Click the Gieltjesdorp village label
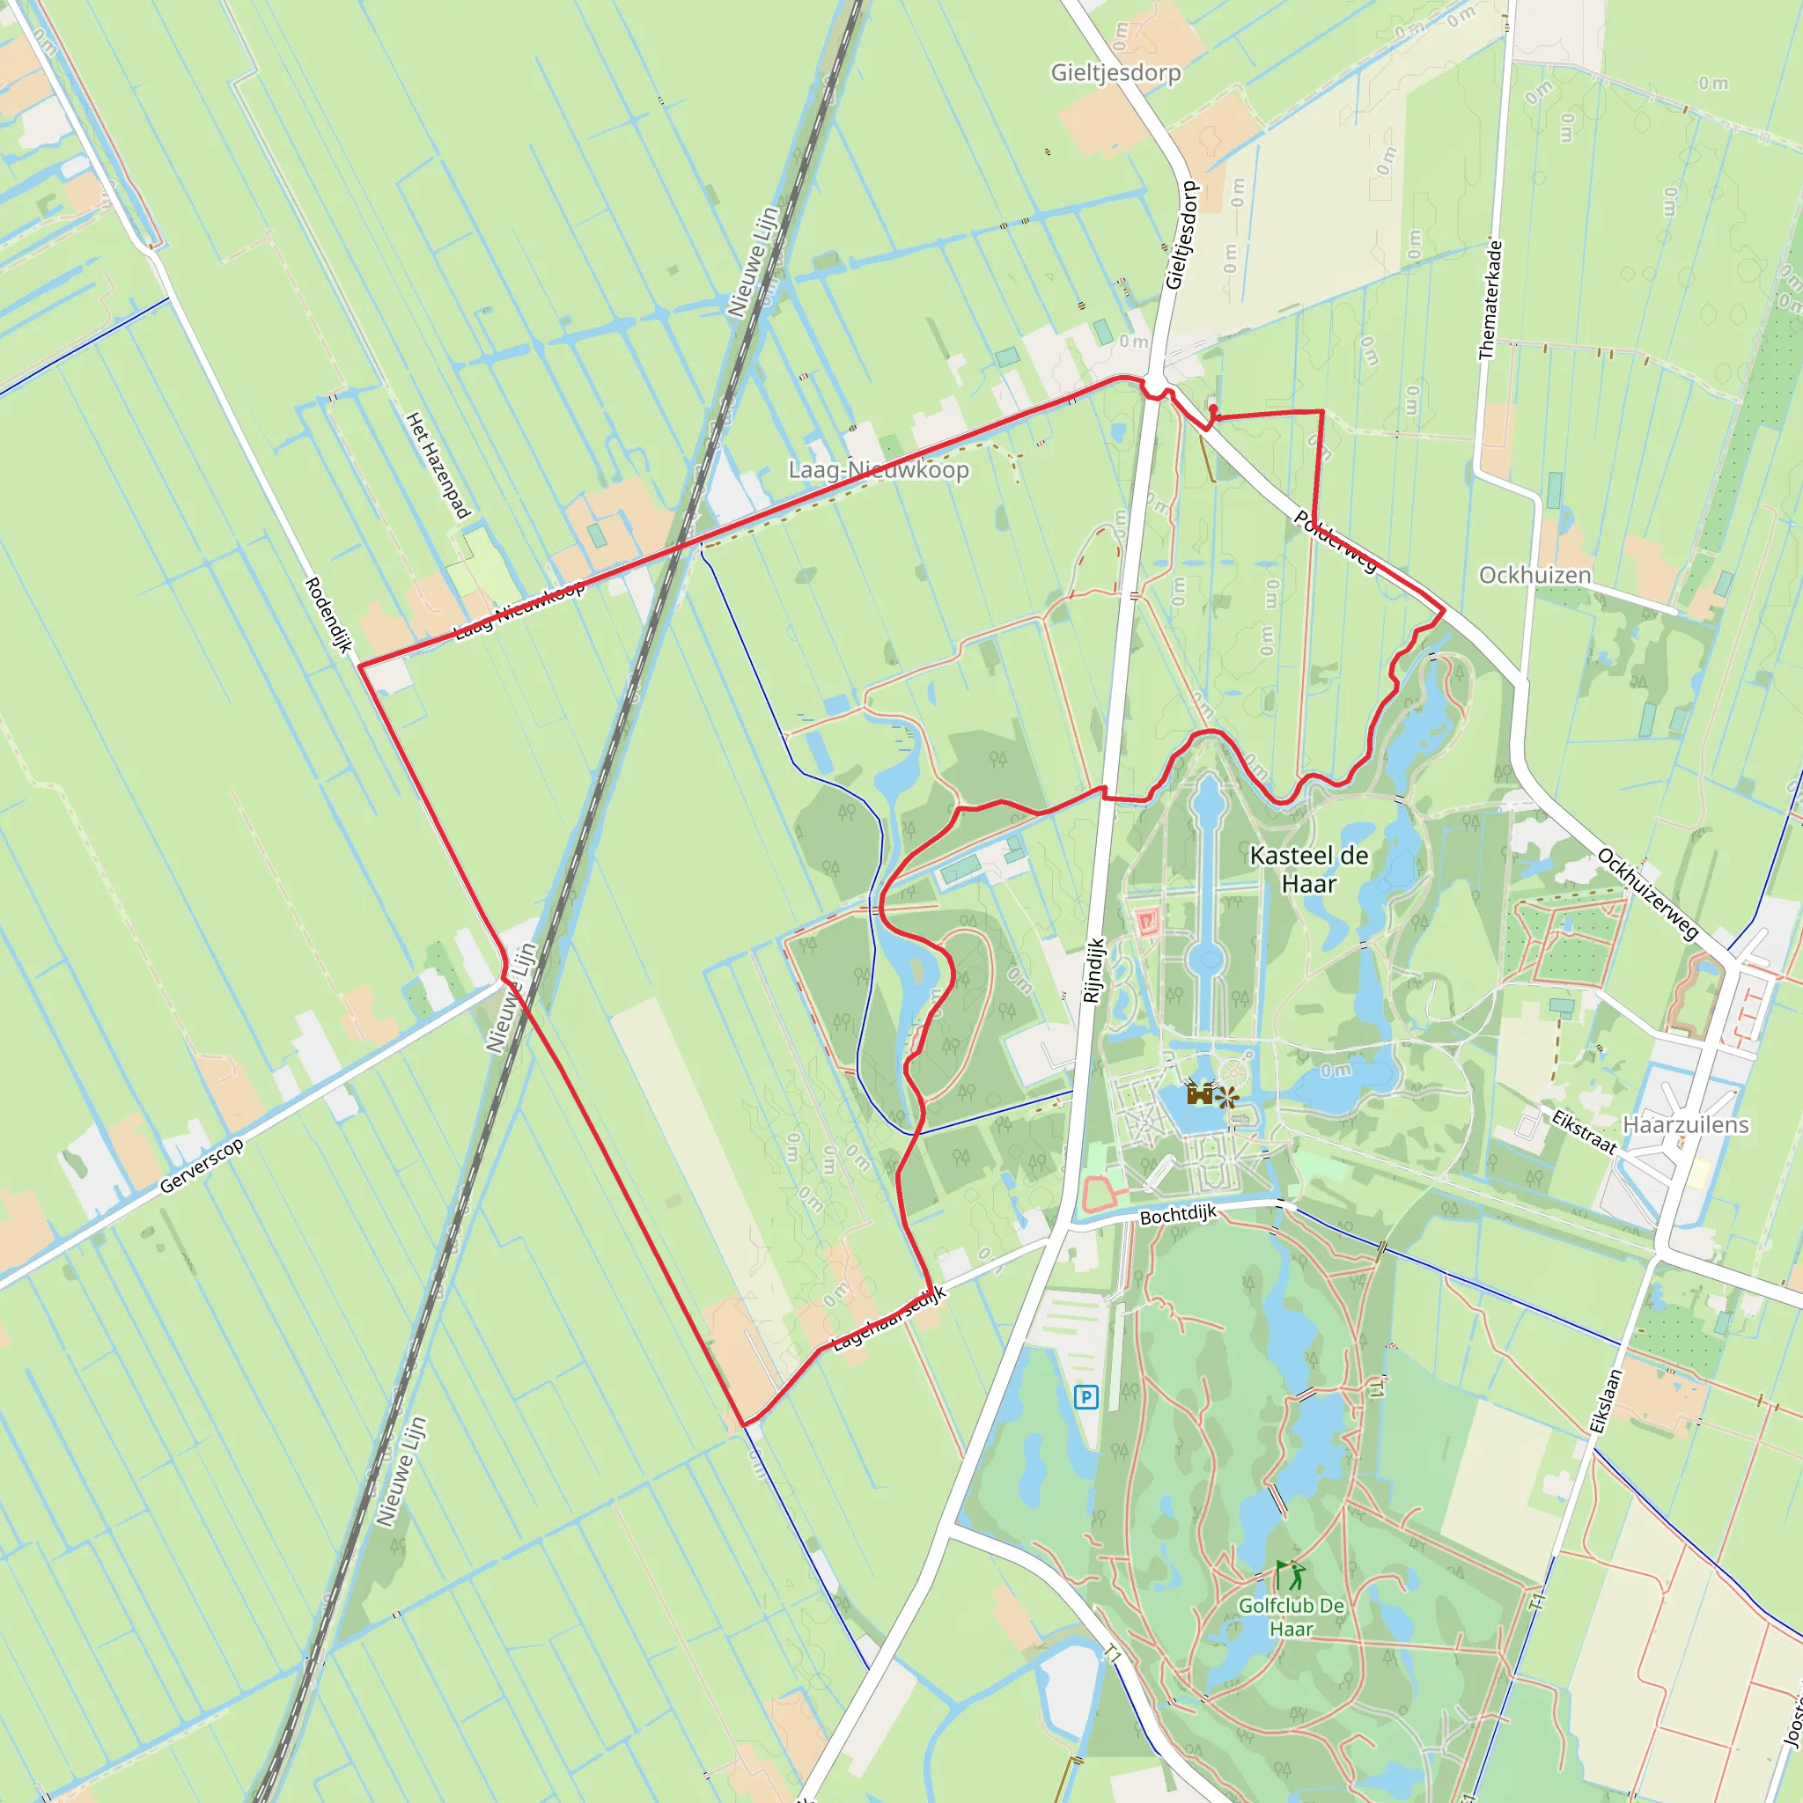(x=1115, y=73)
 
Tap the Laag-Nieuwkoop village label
(x=878, y=469)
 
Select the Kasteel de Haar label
(x=1308, y=869)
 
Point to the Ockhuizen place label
(x=1534, y=575)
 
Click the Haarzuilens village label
(x=1685, y=1124)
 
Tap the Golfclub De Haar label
(x=1291, y=1617)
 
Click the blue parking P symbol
(x=1085, y=1397)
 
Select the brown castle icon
(x=1200, y=1093)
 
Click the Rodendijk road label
(x=328, y=615)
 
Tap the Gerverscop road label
(x=202, y=1166)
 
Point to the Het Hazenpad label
(x=438, y=465)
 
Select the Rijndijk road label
(x=1093, y=969)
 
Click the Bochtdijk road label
(x=1178, y=1214)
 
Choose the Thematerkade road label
(x=1490, y=299)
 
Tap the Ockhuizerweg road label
(x=1647, y=894)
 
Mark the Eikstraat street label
(x=1584, y=1131)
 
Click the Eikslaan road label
(x=1606, y=1401)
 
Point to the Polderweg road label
(x=1335, y=541)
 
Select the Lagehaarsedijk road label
(x=888, y=1318)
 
